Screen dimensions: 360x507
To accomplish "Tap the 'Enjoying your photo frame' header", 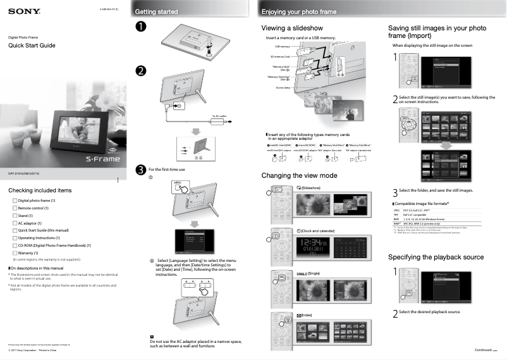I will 300,11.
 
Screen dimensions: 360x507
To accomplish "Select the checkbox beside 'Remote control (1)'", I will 15,208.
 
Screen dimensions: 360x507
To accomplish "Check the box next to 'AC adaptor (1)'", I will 15,223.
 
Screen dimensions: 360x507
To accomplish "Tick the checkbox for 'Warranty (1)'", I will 15,252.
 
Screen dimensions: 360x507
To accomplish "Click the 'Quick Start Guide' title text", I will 32,46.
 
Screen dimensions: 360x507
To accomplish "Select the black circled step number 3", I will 140,170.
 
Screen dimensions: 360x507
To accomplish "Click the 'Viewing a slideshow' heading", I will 292,28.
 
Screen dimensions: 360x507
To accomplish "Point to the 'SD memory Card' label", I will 278,56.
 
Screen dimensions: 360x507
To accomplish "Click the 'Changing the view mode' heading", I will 299,175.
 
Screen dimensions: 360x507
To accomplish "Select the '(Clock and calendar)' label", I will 317,231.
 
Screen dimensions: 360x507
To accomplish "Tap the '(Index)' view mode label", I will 306,314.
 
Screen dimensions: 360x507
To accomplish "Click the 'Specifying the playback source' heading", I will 435,257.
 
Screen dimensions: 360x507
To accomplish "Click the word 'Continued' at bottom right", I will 483,350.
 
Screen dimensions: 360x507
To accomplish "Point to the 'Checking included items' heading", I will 39,190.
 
